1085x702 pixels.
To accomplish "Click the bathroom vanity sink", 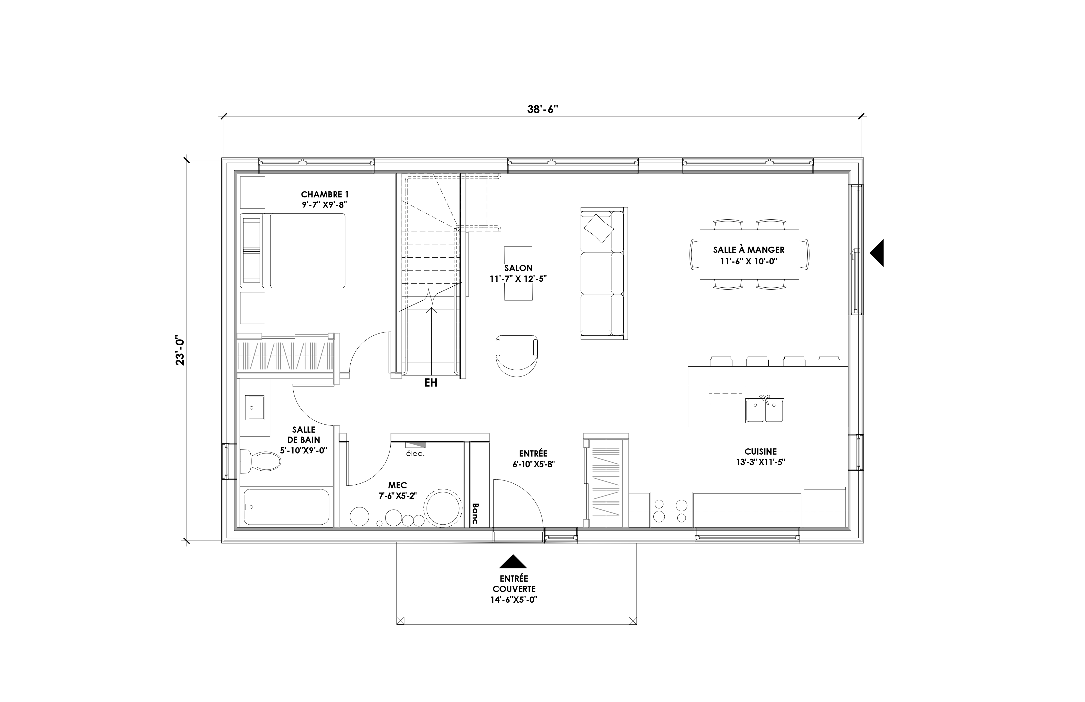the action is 255,407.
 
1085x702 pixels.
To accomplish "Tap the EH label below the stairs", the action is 431,383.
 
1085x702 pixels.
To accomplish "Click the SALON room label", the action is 518,268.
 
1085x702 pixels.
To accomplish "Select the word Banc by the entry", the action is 475,513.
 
